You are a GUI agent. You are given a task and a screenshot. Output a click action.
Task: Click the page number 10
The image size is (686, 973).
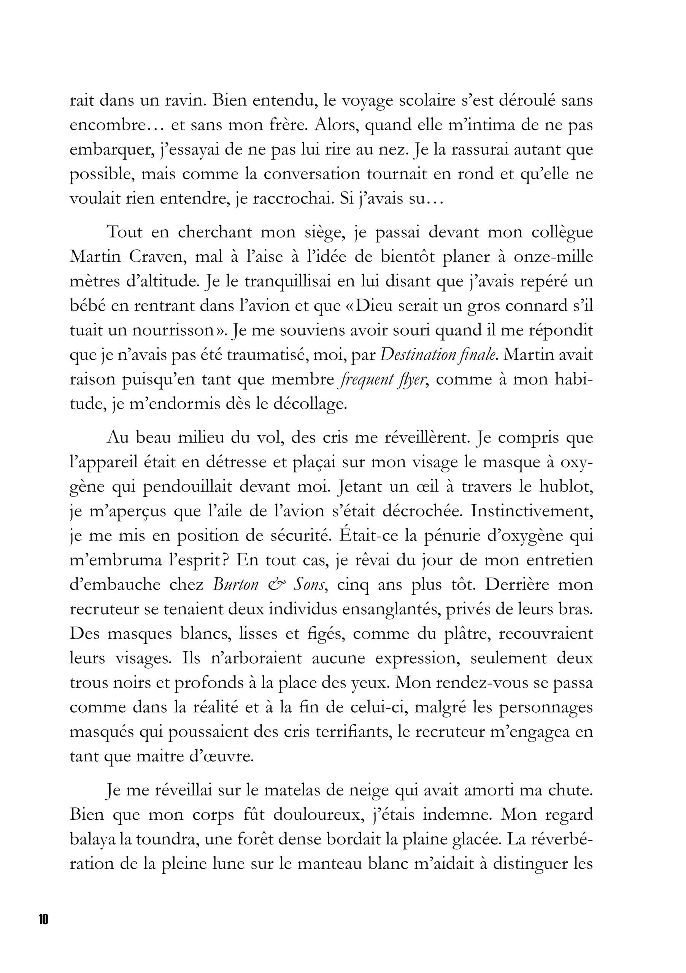tap(43, 919)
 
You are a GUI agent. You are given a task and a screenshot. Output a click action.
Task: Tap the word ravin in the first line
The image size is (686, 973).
tap(185, 100)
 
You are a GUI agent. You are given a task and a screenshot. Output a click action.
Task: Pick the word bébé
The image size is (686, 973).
tap(87, 306)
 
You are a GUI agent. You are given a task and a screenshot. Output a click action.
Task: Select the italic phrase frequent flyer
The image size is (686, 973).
tap(383, 380)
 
